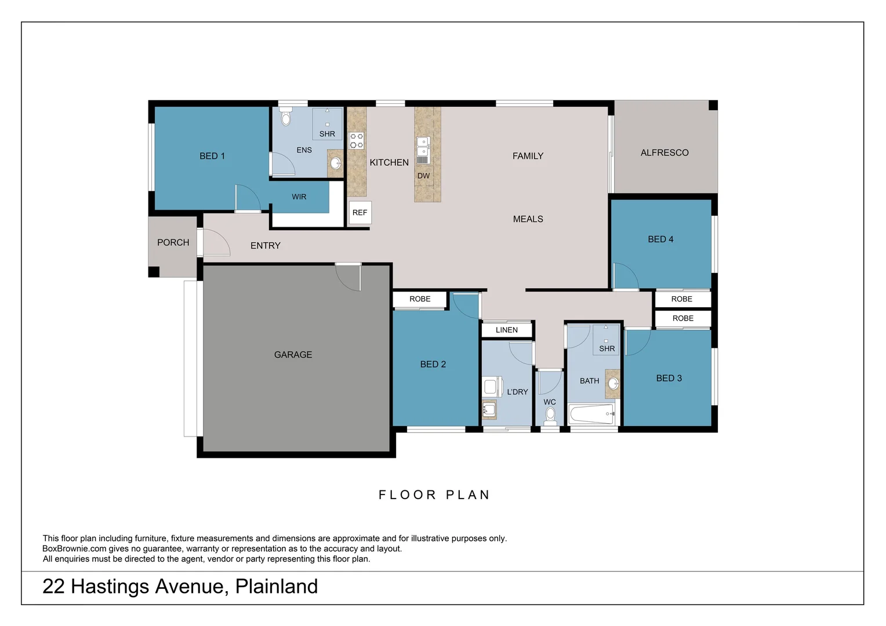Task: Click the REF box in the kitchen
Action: click(x=360, y=213)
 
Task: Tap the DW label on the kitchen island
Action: click(x=423, y=176)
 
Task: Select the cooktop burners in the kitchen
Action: click(x=356, y=141)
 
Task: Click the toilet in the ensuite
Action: click(x=285, y=119)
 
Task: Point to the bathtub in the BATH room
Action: click(x=591, y=414)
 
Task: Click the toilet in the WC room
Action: click(x=550, y=415)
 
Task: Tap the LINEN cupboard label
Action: click(x=506, y=330)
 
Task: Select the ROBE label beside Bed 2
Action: click(x=420, y=299)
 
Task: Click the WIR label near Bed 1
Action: click(x=299, y=197)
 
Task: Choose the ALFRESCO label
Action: click(x=664, y=152)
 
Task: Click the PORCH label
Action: click(x=173, y=242)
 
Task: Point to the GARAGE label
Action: click(x=293, y=355)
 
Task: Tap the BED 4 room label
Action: click(x=660, y=239)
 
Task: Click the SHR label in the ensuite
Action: click(x=327, y=134)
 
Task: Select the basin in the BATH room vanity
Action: click(x=613, y=383)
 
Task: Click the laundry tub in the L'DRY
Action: click(x=489, y=410)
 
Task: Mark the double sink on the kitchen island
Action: click(x=423, y=146)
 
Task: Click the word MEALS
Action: click(x=528, y=219)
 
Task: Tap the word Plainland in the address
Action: click(x=276, y=587)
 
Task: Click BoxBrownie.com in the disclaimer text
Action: click(x=74, y=548)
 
